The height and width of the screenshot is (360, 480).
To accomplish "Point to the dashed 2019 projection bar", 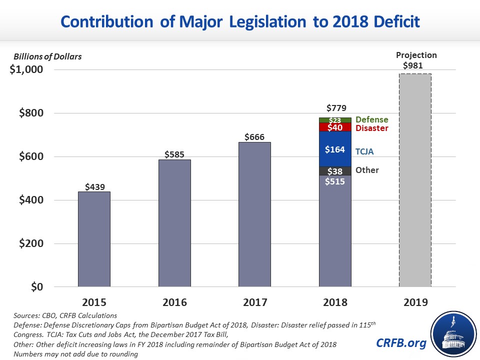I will tap(415, 180).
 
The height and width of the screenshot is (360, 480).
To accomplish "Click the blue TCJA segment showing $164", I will tap(335, 149).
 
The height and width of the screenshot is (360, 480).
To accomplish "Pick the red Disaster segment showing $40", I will tap(335, 127).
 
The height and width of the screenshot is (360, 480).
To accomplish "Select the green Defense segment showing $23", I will tap(335, 120).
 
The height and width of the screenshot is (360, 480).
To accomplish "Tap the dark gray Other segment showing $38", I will tap(335, 171).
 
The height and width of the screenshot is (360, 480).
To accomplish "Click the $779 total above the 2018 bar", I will tap(335, 108).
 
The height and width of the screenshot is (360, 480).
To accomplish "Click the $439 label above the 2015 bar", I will tap(94, 186).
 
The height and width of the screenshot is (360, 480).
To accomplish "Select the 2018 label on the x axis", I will tap(335, 302).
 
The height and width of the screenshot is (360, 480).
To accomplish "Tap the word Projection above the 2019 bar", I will tap(416, 55).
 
